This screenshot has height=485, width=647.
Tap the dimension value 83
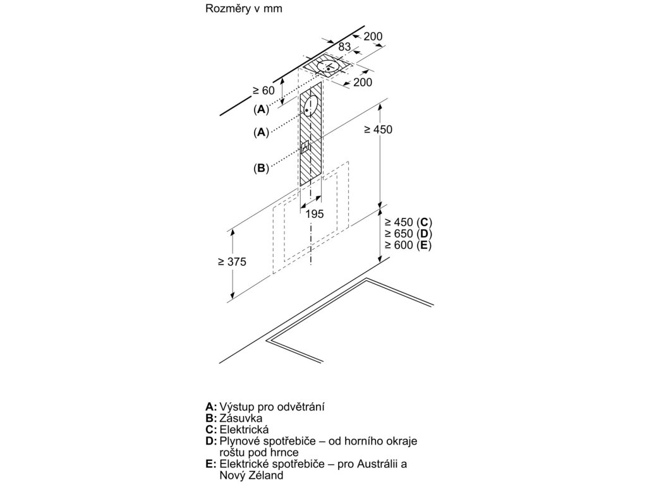tap(344, 47)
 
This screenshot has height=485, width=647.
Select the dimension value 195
tap(314, 214)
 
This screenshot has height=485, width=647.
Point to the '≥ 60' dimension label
tap(264, 90)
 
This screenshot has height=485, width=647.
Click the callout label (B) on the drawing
tap(261, 168)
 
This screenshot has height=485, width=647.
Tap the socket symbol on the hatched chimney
tap(306, 149)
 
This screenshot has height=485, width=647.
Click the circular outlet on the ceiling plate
tap(329, 66)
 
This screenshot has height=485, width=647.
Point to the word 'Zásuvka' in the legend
tap(241, 418)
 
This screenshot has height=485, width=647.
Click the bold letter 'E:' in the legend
tap(212, 464)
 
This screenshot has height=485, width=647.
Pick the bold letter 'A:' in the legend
tap(212, 407)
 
